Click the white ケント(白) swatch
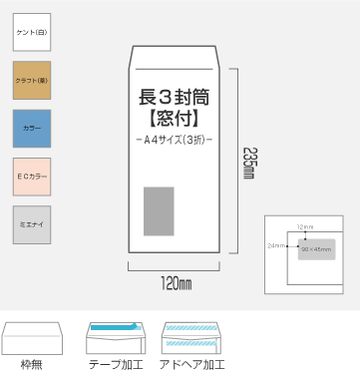tap(31, 33)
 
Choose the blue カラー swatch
tap(31, 129)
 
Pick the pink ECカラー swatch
tap(31, 177)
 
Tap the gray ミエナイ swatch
tap(31, 224)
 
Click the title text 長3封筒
tap(174, 98)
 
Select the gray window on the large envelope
tap(159, 210)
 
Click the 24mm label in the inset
tap(276, 244)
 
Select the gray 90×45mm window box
tap(315, 248)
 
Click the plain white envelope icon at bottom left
tap(33, 340)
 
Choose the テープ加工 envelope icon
tap(116, 339)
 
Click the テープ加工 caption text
tap(116, 364)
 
